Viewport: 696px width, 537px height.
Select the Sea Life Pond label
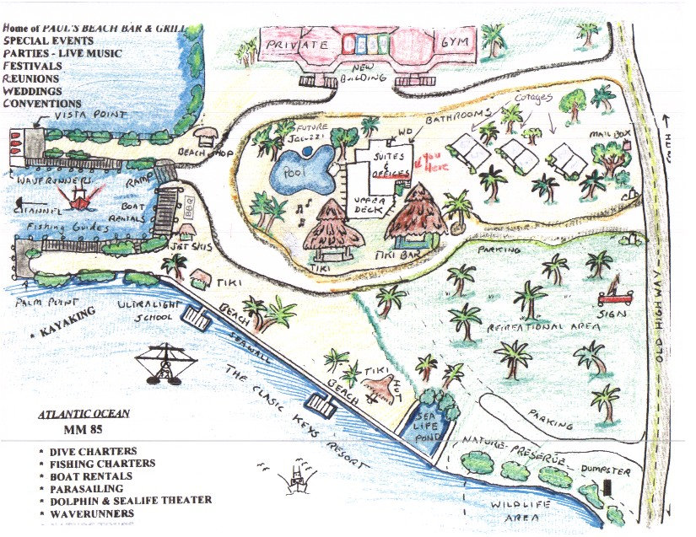(423, 427)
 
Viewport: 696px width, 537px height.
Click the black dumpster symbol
(607, 488)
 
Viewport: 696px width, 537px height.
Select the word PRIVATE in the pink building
(295, 44)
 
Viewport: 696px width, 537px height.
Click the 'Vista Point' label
(90, 114)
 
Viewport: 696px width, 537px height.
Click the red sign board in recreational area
(614, 296)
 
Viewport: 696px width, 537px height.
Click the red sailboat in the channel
(82, 198)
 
